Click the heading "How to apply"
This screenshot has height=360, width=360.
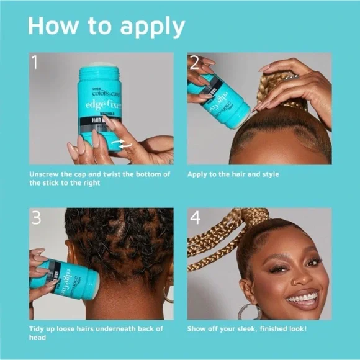point(106,27)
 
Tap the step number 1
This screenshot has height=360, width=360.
point(36,62)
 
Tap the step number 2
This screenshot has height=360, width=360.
point(194,62)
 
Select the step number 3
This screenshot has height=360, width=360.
point(37,218)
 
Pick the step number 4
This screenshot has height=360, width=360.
point(195,218)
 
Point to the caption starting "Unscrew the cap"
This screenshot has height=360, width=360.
point(99,178)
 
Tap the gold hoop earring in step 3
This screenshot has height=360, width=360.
point(167,293)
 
